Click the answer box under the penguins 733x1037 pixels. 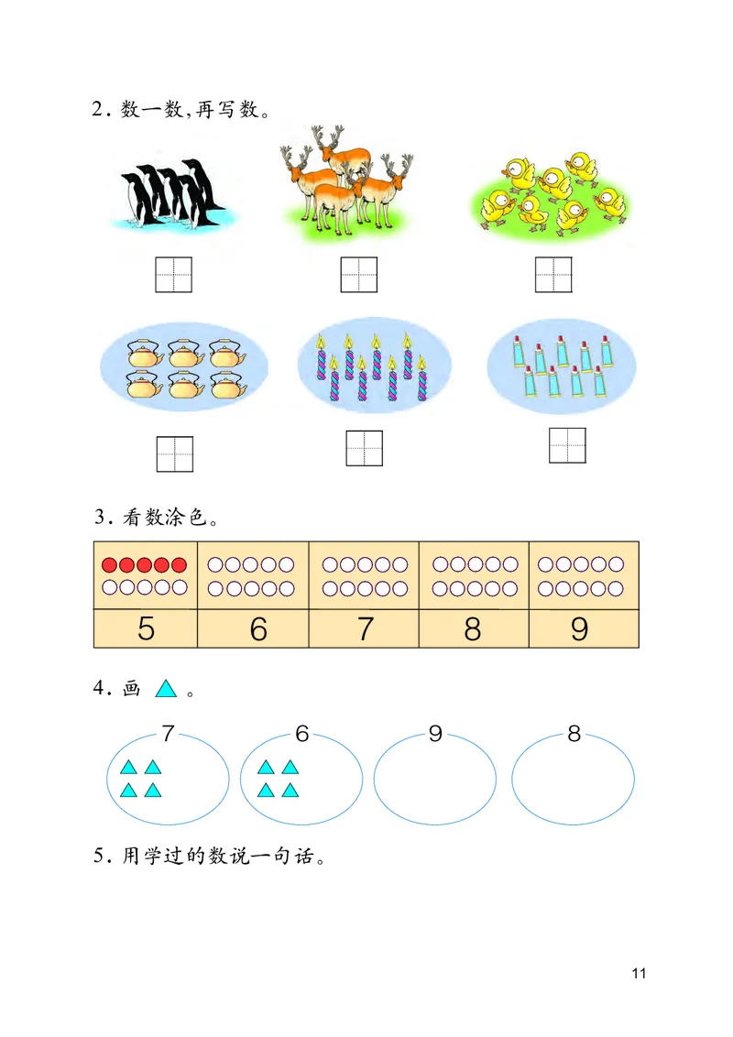click(173, 275)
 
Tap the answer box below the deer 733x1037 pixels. click(359, 274)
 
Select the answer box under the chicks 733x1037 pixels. click(553, 274)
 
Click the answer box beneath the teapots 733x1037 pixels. click(174, 453)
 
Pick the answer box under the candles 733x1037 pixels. click(364, 447)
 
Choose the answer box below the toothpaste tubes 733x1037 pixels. click(567, 445)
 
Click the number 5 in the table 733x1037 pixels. click(146, 629)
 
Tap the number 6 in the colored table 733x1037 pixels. click(258, 629)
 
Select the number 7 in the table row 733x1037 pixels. click(366, 629)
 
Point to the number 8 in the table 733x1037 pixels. click(473, 629)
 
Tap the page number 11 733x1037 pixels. click(639, 973)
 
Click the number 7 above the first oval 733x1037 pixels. click(167, 734)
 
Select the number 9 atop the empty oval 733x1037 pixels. click(435, 734)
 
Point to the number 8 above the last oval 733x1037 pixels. click(574, 734)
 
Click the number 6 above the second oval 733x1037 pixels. click(302, 734)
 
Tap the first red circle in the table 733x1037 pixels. click(110, 564)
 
